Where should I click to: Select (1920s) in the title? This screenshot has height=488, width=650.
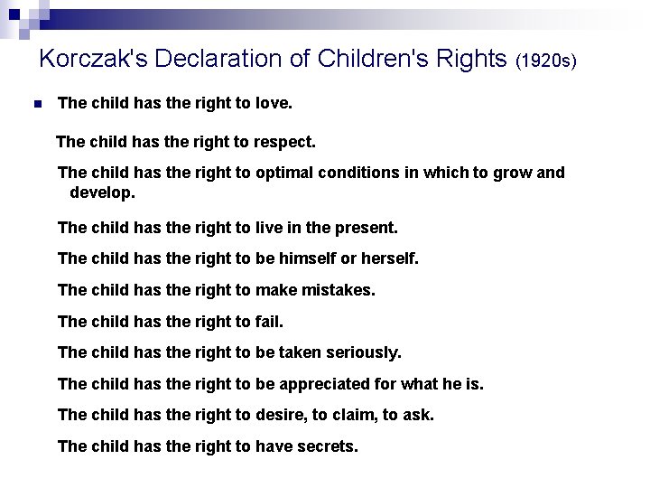point(545,61)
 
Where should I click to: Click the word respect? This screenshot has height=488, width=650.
point(286,142)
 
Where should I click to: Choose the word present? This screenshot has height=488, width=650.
point(366,229)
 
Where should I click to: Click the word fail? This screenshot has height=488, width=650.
point(268,322)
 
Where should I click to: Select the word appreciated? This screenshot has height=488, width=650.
point(325,384)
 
